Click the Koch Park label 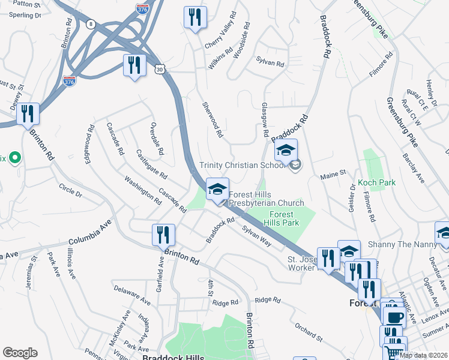tap(376, 182)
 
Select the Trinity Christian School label tap(243, 166)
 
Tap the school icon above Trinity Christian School tap(286, 150)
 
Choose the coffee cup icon tap(394, 317)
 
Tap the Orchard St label tap(309, 332)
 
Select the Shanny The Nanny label tap(397, 244)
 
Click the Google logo tap(20, 353)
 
